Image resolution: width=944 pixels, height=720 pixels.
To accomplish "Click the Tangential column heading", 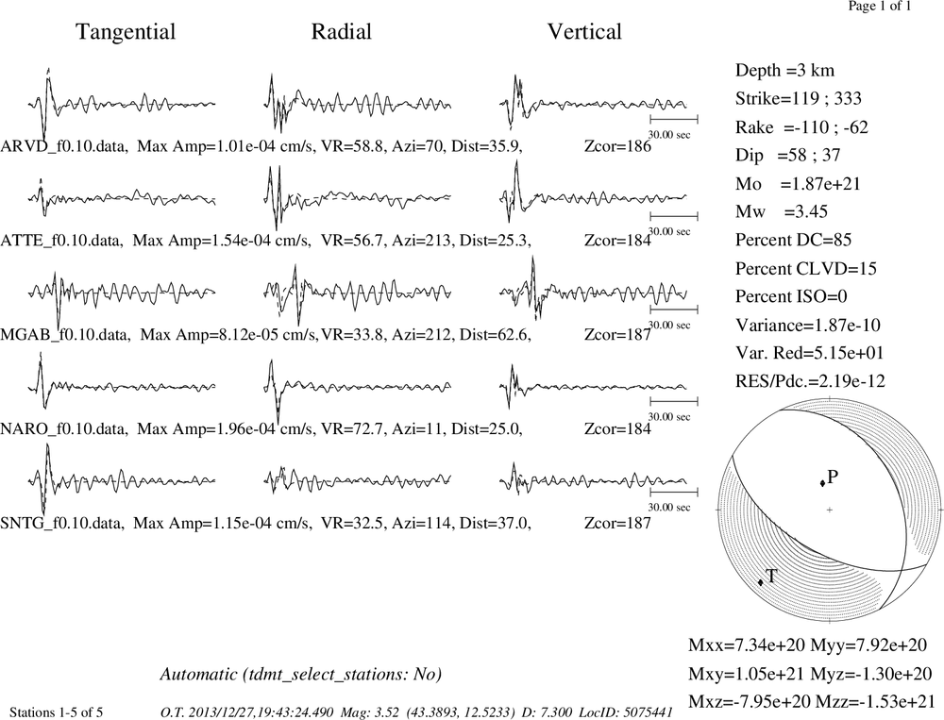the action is [126, 32].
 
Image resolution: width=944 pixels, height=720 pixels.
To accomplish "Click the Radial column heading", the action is [342, 32].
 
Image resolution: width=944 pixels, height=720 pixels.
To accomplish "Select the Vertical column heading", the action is [584, 32].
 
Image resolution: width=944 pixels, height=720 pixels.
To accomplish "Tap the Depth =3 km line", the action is [784, 71].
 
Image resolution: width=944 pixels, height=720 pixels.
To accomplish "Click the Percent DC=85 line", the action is [794, 241].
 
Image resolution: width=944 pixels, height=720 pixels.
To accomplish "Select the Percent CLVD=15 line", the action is [805, 269].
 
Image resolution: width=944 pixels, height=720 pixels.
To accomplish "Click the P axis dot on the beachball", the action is [822, 483].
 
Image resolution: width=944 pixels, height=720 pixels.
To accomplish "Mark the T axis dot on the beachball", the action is [760, 581].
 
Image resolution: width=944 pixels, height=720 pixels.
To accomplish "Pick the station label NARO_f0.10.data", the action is [64, 429].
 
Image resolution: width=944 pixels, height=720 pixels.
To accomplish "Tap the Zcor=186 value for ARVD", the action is [617, 146].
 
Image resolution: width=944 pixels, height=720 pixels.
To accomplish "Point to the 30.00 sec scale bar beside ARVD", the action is [674, 118].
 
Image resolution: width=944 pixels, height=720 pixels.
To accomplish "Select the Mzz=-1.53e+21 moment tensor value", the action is [875, 701].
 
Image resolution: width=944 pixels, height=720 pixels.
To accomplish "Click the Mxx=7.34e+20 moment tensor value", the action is [747, 645].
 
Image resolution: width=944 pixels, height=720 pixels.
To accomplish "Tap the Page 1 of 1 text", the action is [880, 6].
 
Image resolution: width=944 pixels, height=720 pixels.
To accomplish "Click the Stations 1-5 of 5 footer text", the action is [57, 712].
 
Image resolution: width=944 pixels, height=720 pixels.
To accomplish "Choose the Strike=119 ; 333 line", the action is [799, 99].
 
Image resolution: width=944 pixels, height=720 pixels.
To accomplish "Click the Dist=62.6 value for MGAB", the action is [495, 334].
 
